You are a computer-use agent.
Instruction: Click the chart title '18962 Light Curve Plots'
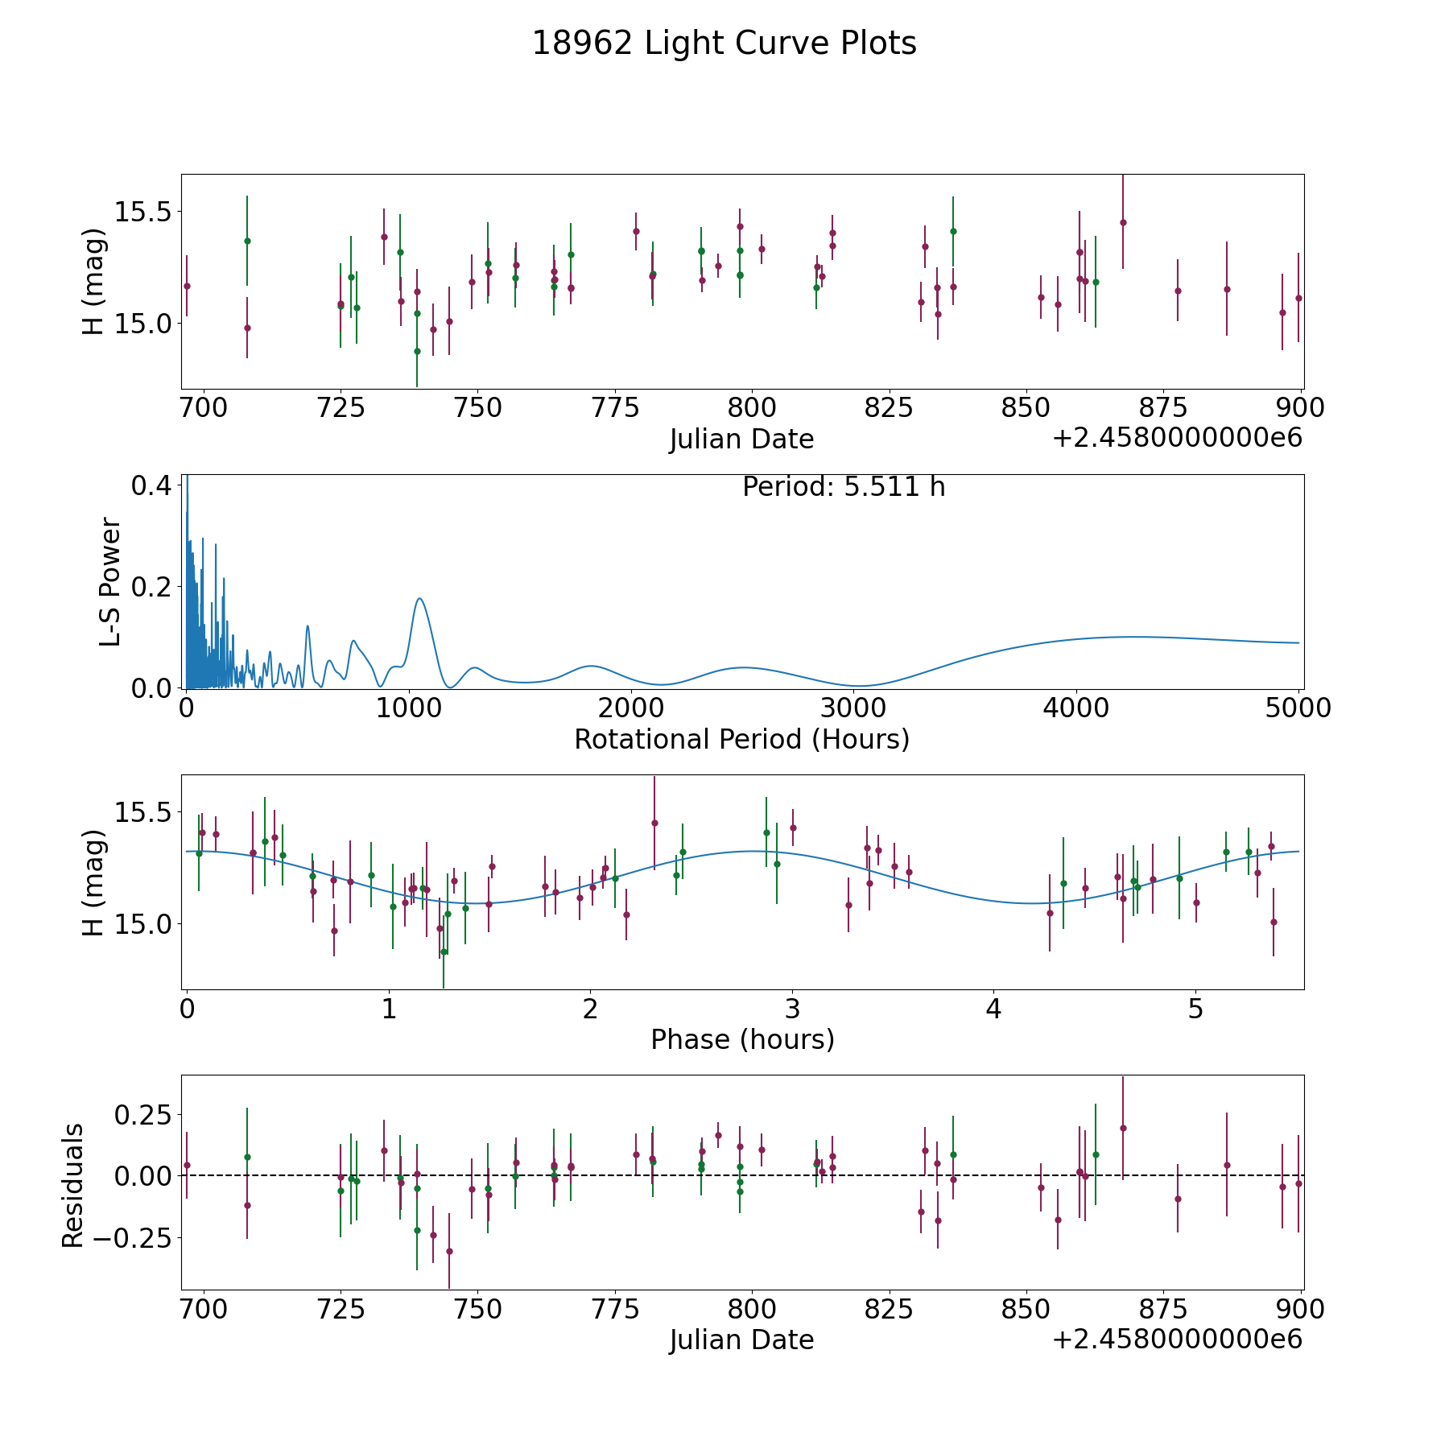pos(724,43)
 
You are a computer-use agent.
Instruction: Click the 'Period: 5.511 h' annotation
pos(844,487)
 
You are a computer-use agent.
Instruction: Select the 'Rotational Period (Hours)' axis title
pos(741,739)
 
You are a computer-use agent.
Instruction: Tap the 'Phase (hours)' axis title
pos(742,1039)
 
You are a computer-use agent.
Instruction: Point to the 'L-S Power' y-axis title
pos(110,581)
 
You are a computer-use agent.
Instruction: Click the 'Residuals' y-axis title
pos(72,1185)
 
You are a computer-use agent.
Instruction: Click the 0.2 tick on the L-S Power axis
pos(152,587)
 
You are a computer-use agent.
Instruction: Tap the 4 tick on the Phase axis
pos(994,1009)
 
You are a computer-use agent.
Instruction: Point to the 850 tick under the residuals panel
pos(1026,1309)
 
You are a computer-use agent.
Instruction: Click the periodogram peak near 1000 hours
pos(419,598)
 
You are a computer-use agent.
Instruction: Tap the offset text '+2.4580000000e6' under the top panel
pos(1177,439)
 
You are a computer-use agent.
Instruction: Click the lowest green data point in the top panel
pos(417,351)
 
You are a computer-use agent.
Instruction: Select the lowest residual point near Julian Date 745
pos(449,1251)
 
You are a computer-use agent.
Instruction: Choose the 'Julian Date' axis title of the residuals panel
pos(741,1340)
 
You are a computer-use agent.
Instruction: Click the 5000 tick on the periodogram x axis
pos(1298,708)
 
